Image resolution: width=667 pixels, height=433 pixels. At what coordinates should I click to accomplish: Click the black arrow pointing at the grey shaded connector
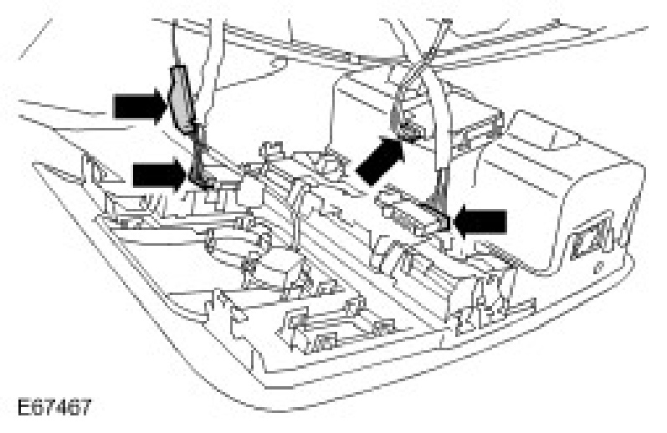[x=138, y=106]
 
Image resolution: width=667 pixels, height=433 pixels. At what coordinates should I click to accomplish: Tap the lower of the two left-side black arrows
[x=157, y=175]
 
